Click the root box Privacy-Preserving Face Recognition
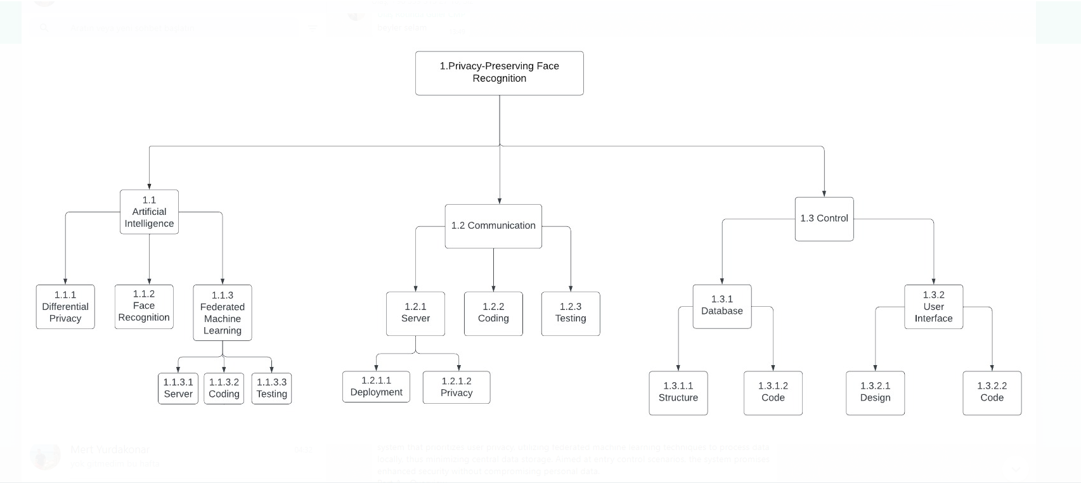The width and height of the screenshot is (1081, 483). tap(499, 73)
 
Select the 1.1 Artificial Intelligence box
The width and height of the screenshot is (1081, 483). tap(149, 212)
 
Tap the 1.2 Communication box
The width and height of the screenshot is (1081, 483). tap(493, 226)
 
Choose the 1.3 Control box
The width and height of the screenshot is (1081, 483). tap(824, 219)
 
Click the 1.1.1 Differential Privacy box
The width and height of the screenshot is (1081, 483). tap(65, 307)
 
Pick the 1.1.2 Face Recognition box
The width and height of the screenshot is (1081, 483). tap(144, 306)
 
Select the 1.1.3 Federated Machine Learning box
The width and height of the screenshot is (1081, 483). tap(223, 312)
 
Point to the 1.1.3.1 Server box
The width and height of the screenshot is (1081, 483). tap(178, 388)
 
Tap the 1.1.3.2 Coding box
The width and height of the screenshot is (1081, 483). tap(224, 388)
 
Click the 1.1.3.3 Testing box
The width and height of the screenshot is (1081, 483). tap(271, 388)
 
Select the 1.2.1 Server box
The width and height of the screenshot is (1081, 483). tap(415, 313)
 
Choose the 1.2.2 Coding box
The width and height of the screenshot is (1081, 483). tap(493, 313)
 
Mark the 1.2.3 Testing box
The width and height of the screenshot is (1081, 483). tap(571, 313)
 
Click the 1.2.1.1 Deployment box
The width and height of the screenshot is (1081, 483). tap(376, 387)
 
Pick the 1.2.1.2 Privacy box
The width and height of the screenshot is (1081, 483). tap(456, 387)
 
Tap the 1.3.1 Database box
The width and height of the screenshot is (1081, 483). tap(722, 306)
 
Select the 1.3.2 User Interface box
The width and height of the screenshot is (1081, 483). tap(933, 307)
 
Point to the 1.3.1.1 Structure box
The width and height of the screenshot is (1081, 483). tap(678, 393)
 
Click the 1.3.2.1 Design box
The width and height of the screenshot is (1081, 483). tap(875, 393)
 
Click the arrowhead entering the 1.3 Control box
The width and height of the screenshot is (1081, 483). tap(824, 193)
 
